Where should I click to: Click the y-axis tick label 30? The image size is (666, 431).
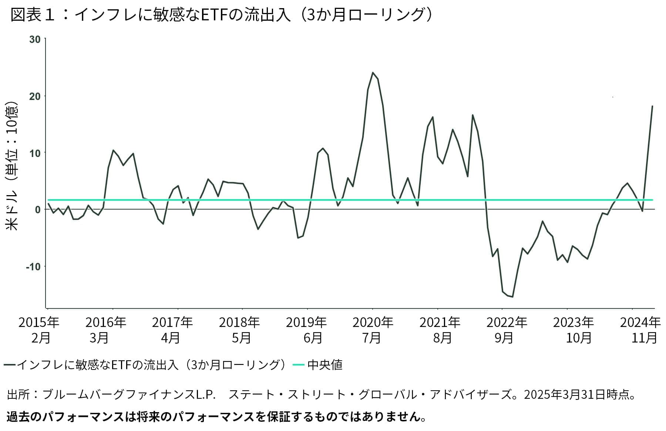(35, 39)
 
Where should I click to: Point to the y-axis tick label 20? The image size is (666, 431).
(35, 96)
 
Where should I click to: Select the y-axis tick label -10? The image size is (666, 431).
(33, 267)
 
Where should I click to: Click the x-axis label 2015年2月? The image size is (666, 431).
(39, 330)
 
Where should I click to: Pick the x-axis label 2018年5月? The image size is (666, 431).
(239, 330)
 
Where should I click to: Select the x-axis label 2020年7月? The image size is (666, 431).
(373, 330)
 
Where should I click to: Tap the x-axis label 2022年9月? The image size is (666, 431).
(506, 330)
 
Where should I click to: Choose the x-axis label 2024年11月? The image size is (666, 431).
(640, 330)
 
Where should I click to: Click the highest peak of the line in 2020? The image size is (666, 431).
(373, 73)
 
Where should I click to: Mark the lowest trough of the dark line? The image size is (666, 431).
(512, 297)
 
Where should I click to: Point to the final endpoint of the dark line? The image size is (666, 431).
(652, 106)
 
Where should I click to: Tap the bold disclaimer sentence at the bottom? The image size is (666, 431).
(216, 417)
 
